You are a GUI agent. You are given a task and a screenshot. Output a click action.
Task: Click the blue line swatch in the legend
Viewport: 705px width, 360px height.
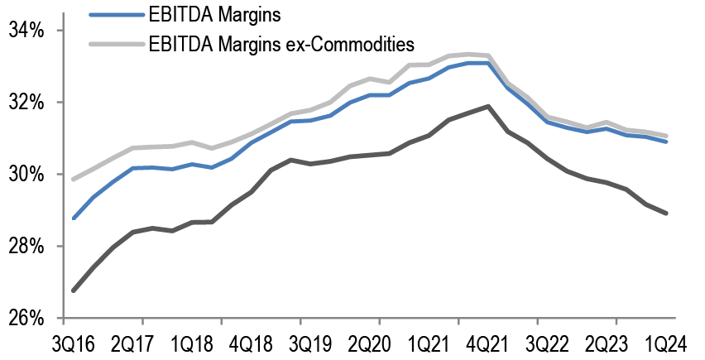pos(114,14)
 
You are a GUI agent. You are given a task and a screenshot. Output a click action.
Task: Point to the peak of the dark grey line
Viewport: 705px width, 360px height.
pos(488,106)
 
